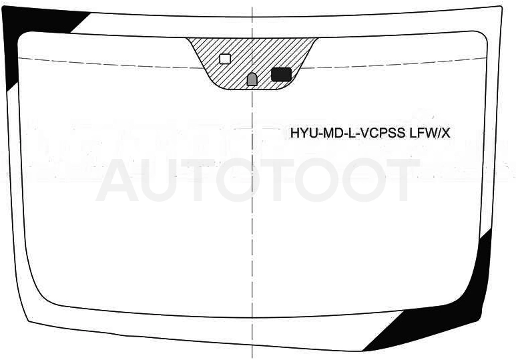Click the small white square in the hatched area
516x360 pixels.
click(x=225, y=59)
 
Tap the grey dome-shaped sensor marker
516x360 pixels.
click(x=252, y=79)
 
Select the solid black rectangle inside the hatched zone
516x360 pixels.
click(x=282, y=74)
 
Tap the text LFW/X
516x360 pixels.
click(x=429, y=134)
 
